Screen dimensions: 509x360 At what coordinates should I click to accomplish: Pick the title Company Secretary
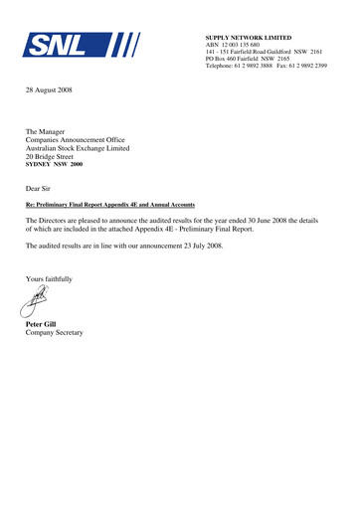pos(57,334)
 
